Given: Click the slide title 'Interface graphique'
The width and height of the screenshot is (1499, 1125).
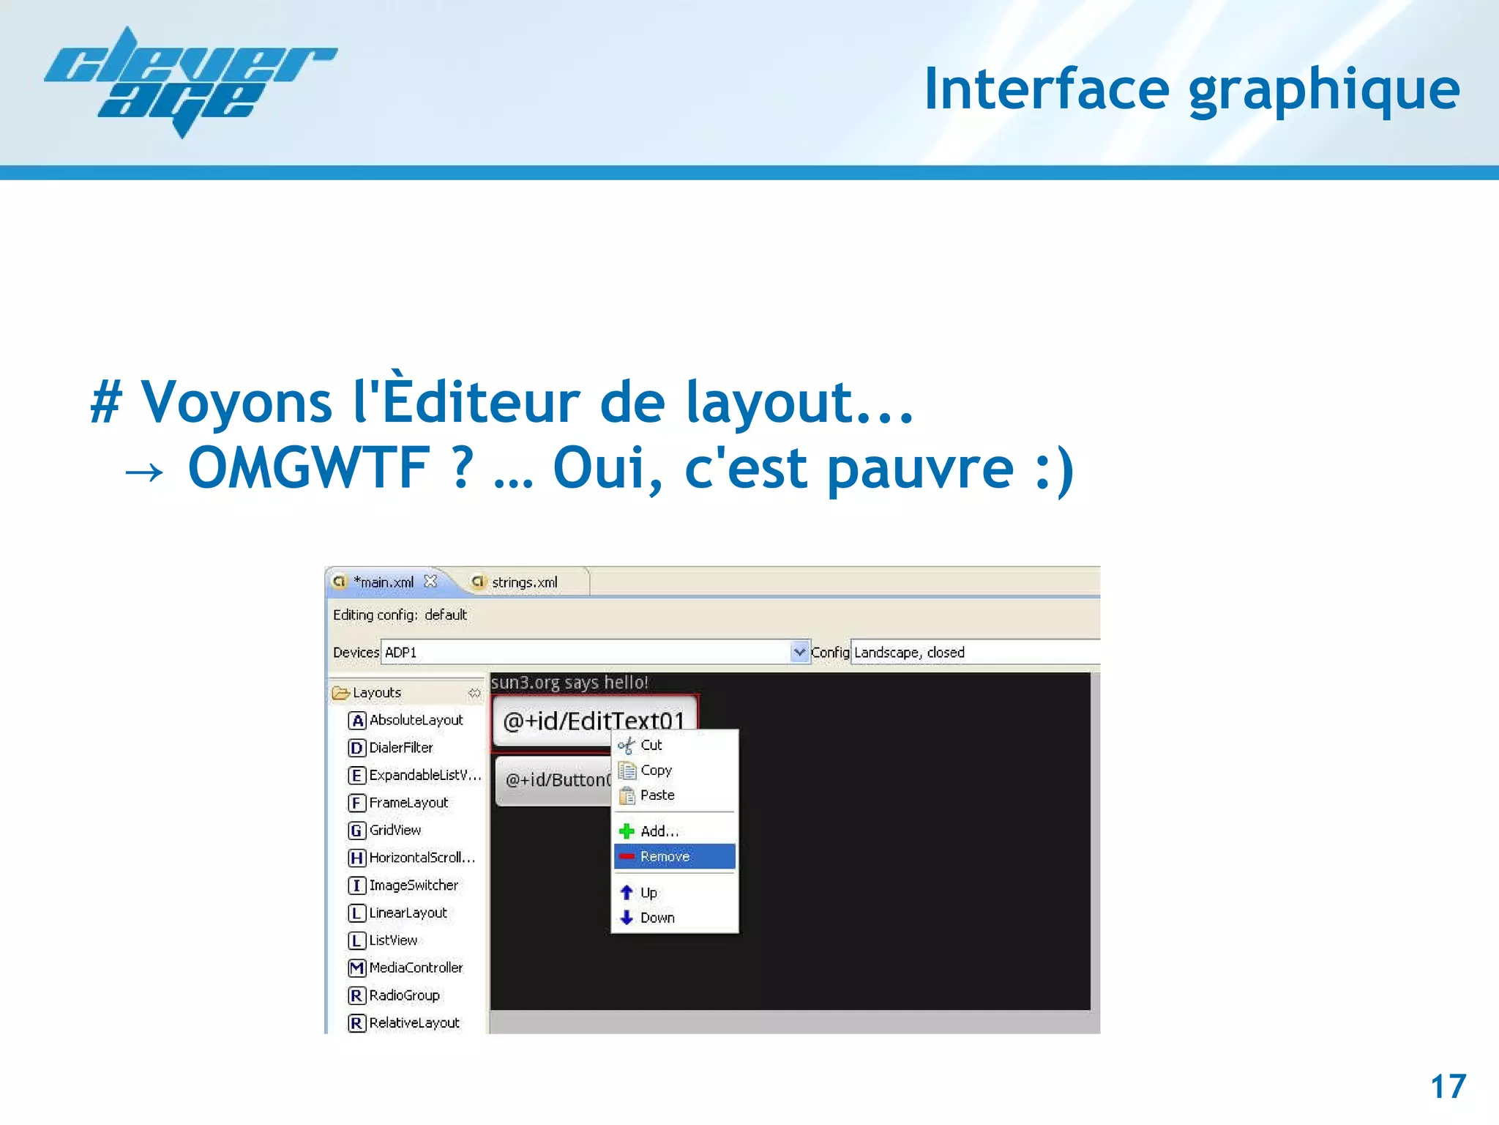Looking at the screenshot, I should click(1192, 89).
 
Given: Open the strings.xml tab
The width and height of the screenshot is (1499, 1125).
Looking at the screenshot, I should click(523, 582).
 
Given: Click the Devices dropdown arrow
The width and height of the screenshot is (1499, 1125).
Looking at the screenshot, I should click(799, 651).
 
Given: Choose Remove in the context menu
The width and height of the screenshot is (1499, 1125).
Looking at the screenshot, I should click(665, 856).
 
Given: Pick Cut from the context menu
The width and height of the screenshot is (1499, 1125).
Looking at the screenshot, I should click(651, 746).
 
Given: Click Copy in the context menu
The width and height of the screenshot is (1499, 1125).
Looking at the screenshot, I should click(656, 771).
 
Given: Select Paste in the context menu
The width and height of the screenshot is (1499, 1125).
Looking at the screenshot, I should click(657, 795).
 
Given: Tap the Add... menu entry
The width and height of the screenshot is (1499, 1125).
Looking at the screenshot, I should click(659, 831).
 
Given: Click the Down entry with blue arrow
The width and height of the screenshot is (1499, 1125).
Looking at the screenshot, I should click(657, 918).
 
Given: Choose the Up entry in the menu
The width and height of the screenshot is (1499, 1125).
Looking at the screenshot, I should click(648, 893).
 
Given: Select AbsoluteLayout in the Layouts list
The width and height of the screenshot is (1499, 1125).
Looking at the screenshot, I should click(416, 721).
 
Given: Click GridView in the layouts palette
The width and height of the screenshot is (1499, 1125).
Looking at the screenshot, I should click(395, 831).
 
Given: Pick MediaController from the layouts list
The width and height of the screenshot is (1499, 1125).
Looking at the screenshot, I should click(416, 968).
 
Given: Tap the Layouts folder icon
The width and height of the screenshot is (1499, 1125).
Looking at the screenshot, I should click(340, 693).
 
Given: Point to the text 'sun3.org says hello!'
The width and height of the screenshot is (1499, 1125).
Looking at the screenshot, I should click(569, 683).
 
